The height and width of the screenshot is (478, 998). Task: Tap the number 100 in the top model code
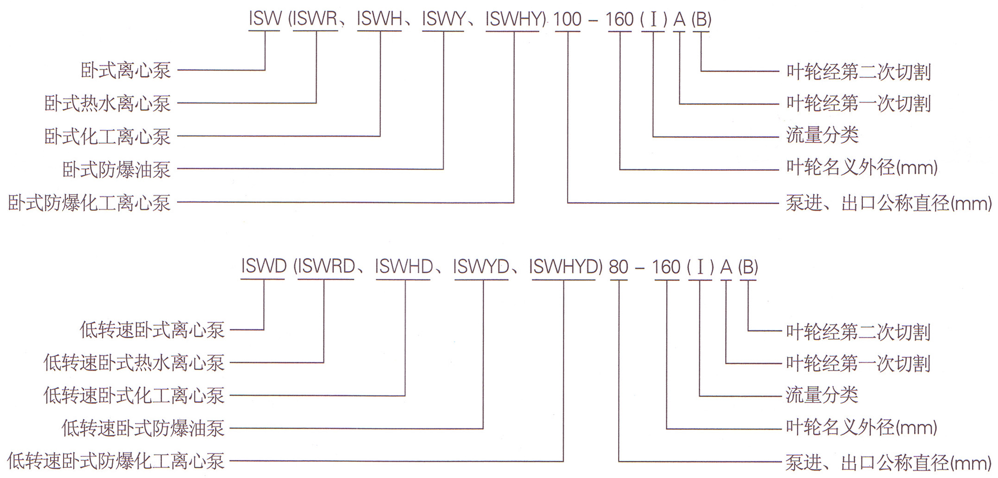(x=568, y=19)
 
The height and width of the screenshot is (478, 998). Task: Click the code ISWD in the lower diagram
(x=264, y=267)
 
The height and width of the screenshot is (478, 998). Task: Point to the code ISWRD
(x=326, y=267)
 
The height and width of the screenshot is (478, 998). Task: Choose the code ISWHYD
(x=564, y=267)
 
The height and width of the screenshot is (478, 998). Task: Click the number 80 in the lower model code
(x=619, y=267)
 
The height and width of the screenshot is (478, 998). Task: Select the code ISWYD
(x=481, y=267)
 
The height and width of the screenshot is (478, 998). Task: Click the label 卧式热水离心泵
(x=107, y=103)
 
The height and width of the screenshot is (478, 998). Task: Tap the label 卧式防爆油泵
(x=116, y=170)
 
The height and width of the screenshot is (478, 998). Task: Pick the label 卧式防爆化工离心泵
(x=89, y=203)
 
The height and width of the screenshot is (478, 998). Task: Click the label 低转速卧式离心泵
(x=152, y=330)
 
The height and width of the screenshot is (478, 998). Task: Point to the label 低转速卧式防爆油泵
(x=143, y=428)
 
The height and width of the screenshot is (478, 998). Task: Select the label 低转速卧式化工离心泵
(x=134, y=396)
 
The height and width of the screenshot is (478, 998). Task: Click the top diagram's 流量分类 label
(x=822, y=135)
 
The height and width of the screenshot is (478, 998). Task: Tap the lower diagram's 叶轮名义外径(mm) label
(x=861, y=427)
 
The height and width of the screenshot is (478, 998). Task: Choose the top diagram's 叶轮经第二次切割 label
(x=859, y=72)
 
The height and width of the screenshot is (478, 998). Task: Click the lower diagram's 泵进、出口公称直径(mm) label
(x=888, y=462)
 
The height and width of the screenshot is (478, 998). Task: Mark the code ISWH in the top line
(x=379, y=19)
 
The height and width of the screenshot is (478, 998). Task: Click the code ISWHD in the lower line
(x=404, y=267)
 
